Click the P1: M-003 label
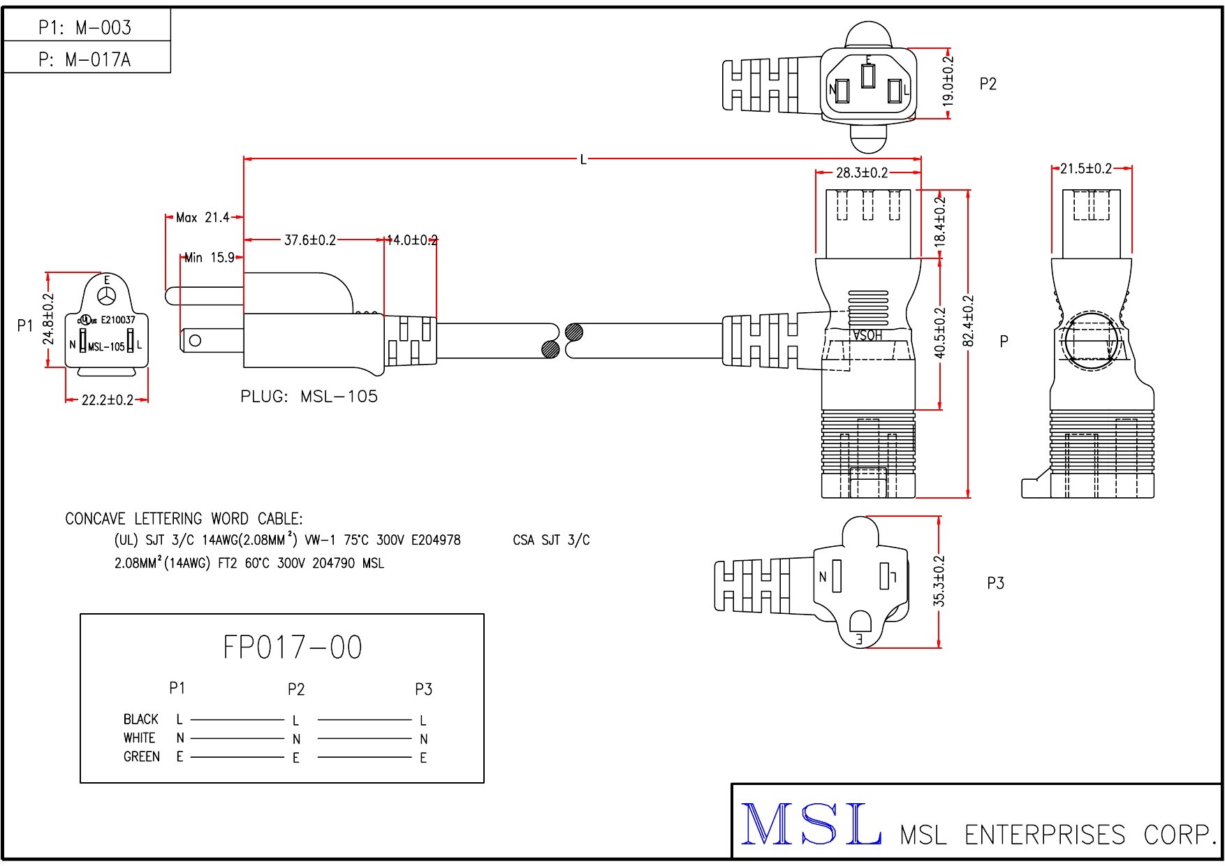coord(85,27)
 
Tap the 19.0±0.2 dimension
coord(948,81)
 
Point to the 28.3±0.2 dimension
coord(862,173)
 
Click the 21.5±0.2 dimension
coord(1086,168)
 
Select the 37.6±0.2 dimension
coord(309,240)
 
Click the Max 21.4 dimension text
coord(203,218)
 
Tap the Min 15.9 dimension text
coord(209,258)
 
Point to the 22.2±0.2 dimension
coord(107,400)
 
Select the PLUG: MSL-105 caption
coord(309,397)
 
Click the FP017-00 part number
coord(293,647)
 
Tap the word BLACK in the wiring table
coord(141,719)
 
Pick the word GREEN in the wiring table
coord(142,757)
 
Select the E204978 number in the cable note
coord(436,540)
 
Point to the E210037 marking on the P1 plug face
coord(118,320)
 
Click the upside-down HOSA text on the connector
coord(867,335)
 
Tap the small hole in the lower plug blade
coord(196,340)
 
